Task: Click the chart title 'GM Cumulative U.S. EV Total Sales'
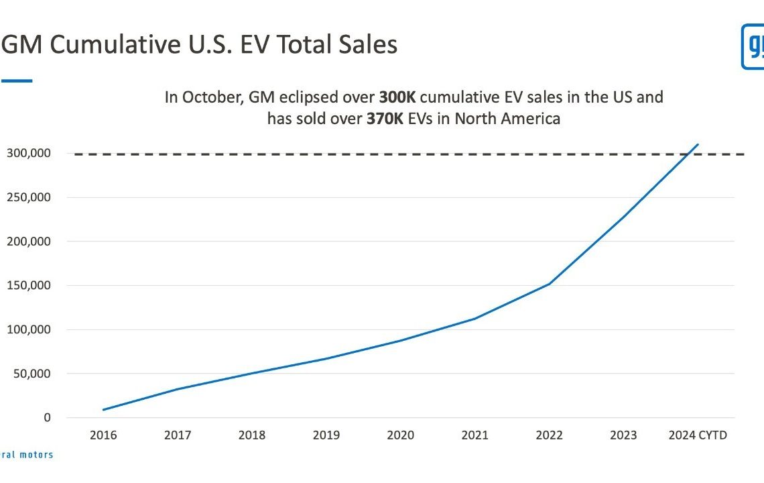(199, 45)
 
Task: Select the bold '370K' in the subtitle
(387, 119)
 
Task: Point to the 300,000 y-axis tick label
(29, 153)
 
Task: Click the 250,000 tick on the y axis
(29, 197)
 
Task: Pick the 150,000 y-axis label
(29, 285)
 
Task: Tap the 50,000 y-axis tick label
(31, 373)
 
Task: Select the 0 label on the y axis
(47, 417)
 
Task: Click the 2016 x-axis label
(103, 435)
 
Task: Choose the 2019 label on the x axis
(326, 435)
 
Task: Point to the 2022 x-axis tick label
(550, 435)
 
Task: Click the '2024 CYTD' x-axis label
(698, 435)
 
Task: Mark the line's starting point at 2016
(103, 409)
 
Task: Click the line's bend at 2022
(550, 284)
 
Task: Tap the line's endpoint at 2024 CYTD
(698, 144)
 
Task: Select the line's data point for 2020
(401, 340)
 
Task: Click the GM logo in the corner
(753, 46)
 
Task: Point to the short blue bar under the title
(16, 80)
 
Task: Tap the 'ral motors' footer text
(27, 454)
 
